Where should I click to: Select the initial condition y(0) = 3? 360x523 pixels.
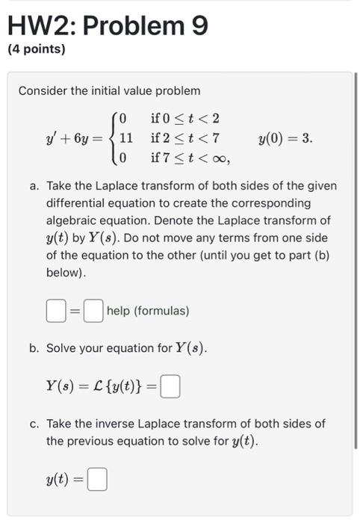(x=285, y=138)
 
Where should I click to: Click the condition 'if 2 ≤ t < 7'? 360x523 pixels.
(x=184, y=137)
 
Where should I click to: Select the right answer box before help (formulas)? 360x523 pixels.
(x=93, y=310)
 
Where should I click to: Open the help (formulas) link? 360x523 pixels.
(x=148, y=310)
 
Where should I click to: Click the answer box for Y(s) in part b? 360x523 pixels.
(x=170, y=387)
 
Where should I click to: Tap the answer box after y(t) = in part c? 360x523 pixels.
(x=97, y=479)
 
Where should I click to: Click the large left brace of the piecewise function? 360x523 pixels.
(x=113, y=138)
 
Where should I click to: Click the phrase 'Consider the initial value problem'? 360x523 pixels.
(x=109, y=90)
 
